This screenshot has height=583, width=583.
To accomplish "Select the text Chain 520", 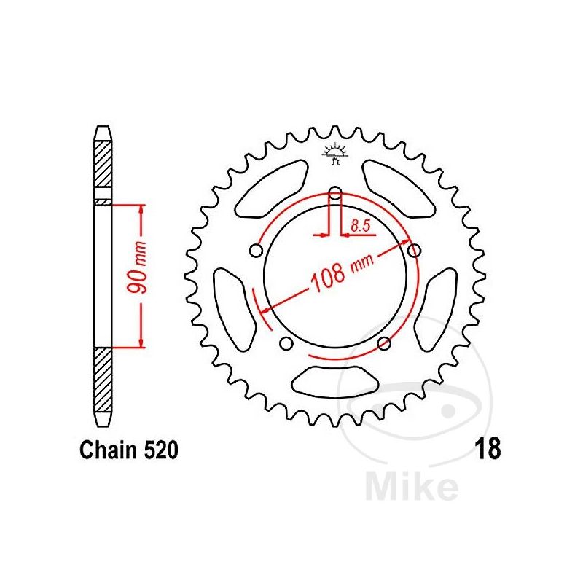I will pyautogui.click(x=128, y=450).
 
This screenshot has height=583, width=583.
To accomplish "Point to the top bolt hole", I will pyautogui.click(x=334, y=194).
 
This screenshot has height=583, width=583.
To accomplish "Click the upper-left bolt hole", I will pyautogui.click(x=255, y=251).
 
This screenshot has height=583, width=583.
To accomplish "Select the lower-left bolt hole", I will pyautogui.click(x=285, y=344).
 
